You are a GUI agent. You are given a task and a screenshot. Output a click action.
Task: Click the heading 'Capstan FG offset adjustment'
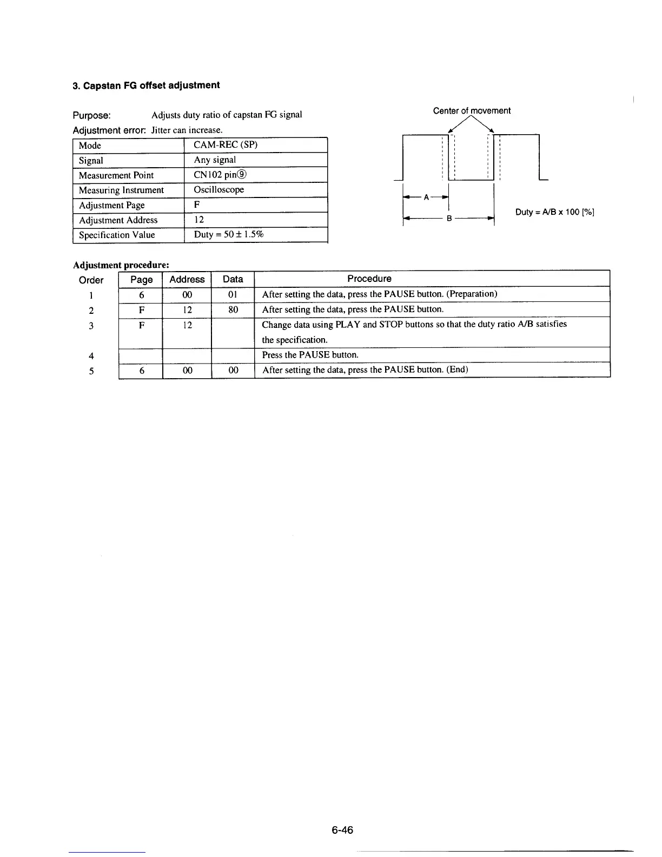tap(146, 85)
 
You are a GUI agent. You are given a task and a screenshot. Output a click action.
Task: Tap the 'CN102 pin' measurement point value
tap(221, 175)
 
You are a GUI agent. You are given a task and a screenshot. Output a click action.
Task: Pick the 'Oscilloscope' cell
tap(219, 190)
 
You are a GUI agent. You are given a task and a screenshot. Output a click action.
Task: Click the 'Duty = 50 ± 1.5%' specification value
tap(228, 234)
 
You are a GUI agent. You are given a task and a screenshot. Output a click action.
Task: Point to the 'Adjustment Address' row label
tap(118, 220)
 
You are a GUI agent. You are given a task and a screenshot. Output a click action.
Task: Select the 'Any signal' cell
tap(215, 160)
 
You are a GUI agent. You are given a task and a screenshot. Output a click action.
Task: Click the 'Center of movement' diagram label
tap(472, 111)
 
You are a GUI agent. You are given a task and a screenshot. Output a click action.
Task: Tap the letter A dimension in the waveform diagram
tap(426, 197)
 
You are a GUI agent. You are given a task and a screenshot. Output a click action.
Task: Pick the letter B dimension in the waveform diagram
tap(449, 219)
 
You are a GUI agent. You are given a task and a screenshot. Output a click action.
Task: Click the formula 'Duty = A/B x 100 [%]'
tap(555, 212)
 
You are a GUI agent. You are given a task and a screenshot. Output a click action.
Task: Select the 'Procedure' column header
tap(369, 279)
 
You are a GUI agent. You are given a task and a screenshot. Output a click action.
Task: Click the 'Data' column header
tap(233, 279)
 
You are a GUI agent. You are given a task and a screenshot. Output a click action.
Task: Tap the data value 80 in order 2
tap(233, 310)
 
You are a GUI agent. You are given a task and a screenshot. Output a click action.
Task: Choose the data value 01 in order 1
tap(233, 295)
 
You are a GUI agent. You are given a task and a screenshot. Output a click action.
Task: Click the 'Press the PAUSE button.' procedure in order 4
tap(310, 355)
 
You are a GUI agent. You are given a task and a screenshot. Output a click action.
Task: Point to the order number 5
tap(91, 371)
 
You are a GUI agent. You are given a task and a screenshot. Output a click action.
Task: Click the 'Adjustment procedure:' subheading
tap(121, 265)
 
